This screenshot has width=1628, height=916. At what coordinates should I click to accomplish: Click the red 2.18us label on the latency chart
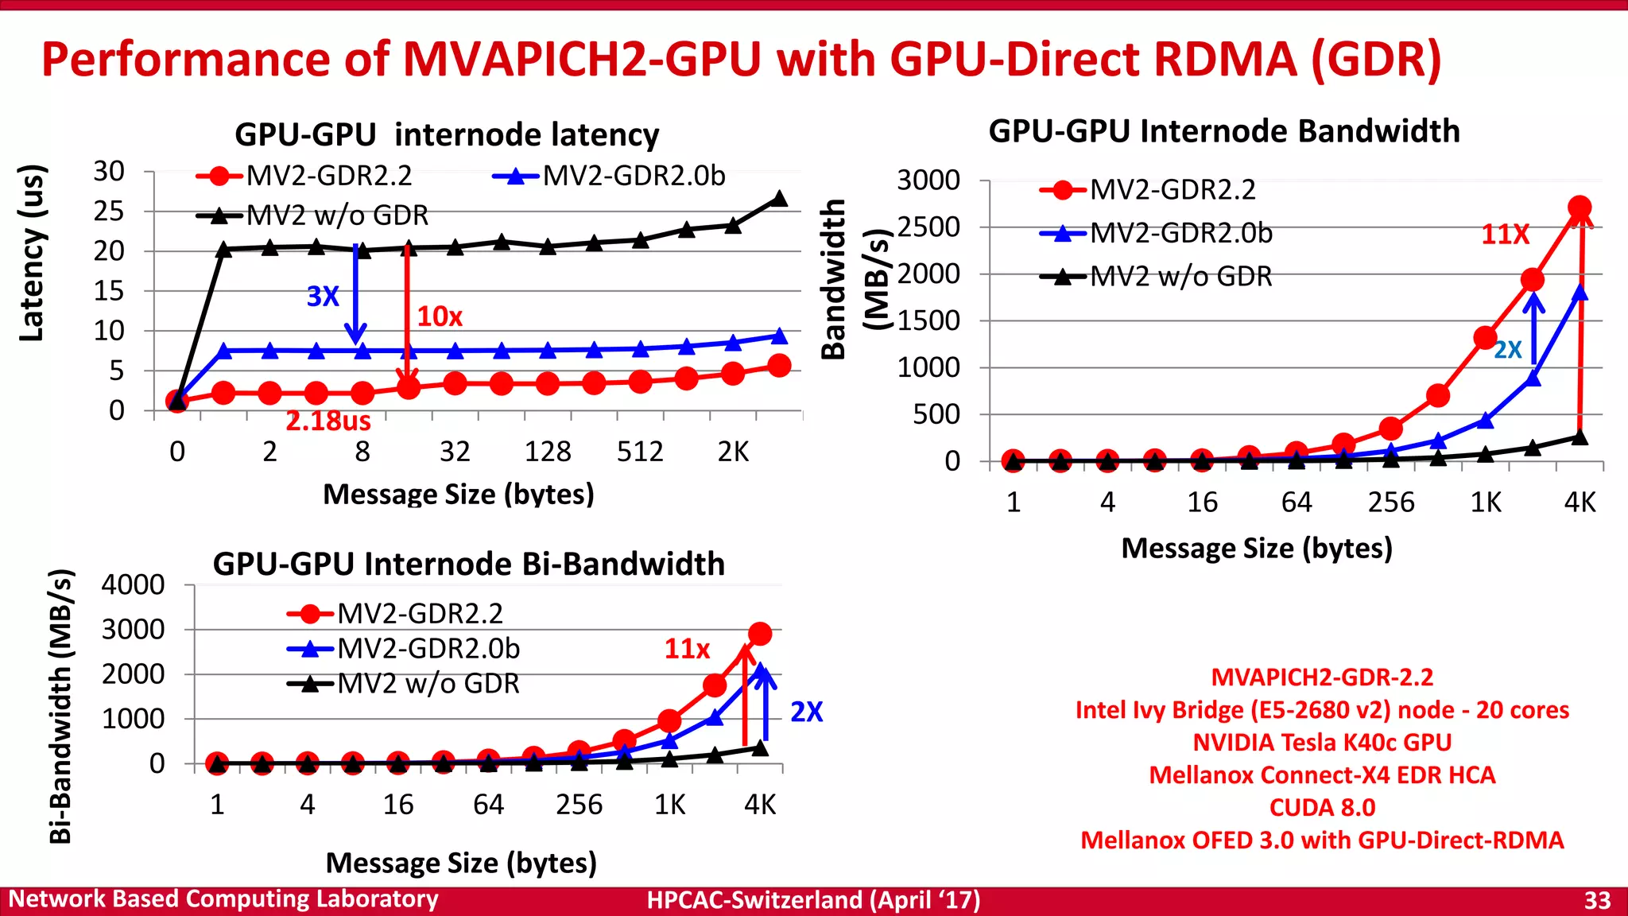[328, 421]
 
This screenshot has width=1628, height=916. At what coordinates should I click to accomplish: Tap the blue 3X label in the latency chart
[323, 297]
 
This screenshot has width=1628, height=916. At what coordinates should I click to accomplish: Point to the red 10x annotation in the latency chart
[440, 316]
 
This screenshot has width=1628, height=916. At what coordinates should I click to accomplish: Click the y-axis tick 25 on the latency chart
[109, 212]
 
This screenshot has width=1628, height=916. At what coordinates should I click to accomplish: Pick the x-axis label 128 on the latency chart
[547, 452]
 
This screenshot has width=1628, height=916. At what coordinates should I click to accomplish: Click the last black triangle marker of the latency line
[779, 199]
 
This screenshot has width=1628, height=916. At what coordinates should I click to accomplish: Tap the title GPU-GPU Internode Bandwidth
[1223, 131]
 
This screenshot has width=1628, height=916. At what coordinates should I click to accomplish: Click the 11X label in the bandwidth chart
[1505, 235]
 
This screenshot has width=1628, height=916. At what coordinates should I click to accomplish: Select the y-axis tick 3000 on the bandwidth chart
[928, 180]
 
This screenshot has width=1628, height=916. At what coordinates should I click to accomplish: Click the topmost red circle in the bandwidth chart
[1580, 208]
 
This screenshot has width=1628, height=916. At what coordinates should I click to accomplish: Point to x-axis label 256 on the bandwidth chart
[1390, 503]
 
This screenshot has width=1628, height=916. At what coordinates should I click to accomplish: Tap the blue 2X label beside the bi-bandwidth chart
[806, 712]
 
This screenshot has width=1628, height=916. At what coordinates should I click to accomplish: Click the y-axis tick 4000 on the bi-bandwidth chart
[133, 585]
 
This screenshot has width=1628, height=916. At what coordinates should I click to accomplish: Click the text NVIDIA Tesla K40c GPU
[1322, 742]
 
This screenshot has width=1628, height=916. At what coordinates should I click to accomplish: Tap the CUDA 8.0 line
[1322, 807]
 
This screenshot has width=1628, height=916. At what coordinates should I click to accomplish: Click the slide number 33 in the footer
[1597, 900]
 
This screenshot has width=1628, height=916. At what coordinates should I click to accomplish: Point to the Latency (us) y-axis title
[32, 253]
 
